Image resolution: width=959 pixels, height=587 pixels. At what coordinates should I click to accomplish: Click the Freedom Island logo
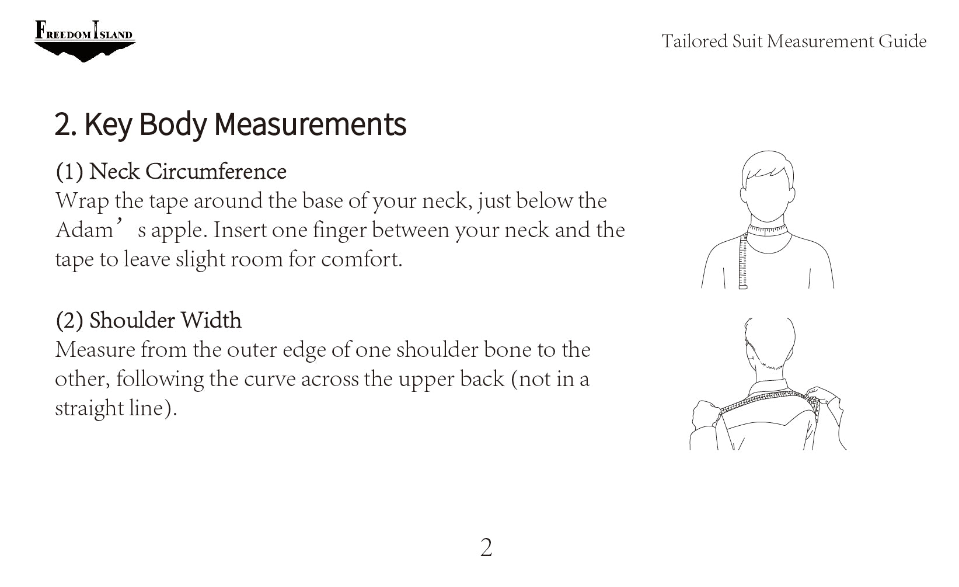[x=85, y=41]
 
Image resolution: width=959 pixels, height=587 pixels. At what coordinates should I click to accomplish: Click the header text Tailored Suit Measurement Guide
[x=794, y=41]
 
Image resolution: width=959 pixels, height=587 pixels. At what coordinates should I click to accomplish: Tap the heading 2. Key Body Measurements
[x=231, y=124]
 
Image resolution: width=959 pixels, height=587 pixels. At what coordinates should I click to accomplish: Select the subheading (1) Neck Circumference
[x=171, y=171]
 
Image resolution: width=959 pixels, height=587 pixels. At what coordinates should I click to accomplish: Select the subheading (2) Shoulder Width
[x=149, y=320]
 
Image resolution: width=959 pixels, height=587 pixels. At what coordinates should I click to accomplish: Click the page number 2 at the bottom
[x=486, y=548]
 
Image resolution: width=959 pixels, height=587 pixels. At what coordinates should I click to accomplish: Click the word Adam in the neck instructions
[x=84, y=230]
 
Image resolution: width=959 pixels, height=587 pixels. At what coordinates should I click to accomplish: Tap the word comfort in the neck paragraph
[x=361, y=259]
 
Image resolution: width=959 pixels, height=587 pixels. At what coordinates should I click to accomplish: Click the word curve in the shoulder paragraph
[x=270, y=379]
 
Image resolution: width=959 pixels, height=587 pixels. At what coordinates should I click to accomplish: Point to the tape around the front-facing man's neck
[x=767, y=231]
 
